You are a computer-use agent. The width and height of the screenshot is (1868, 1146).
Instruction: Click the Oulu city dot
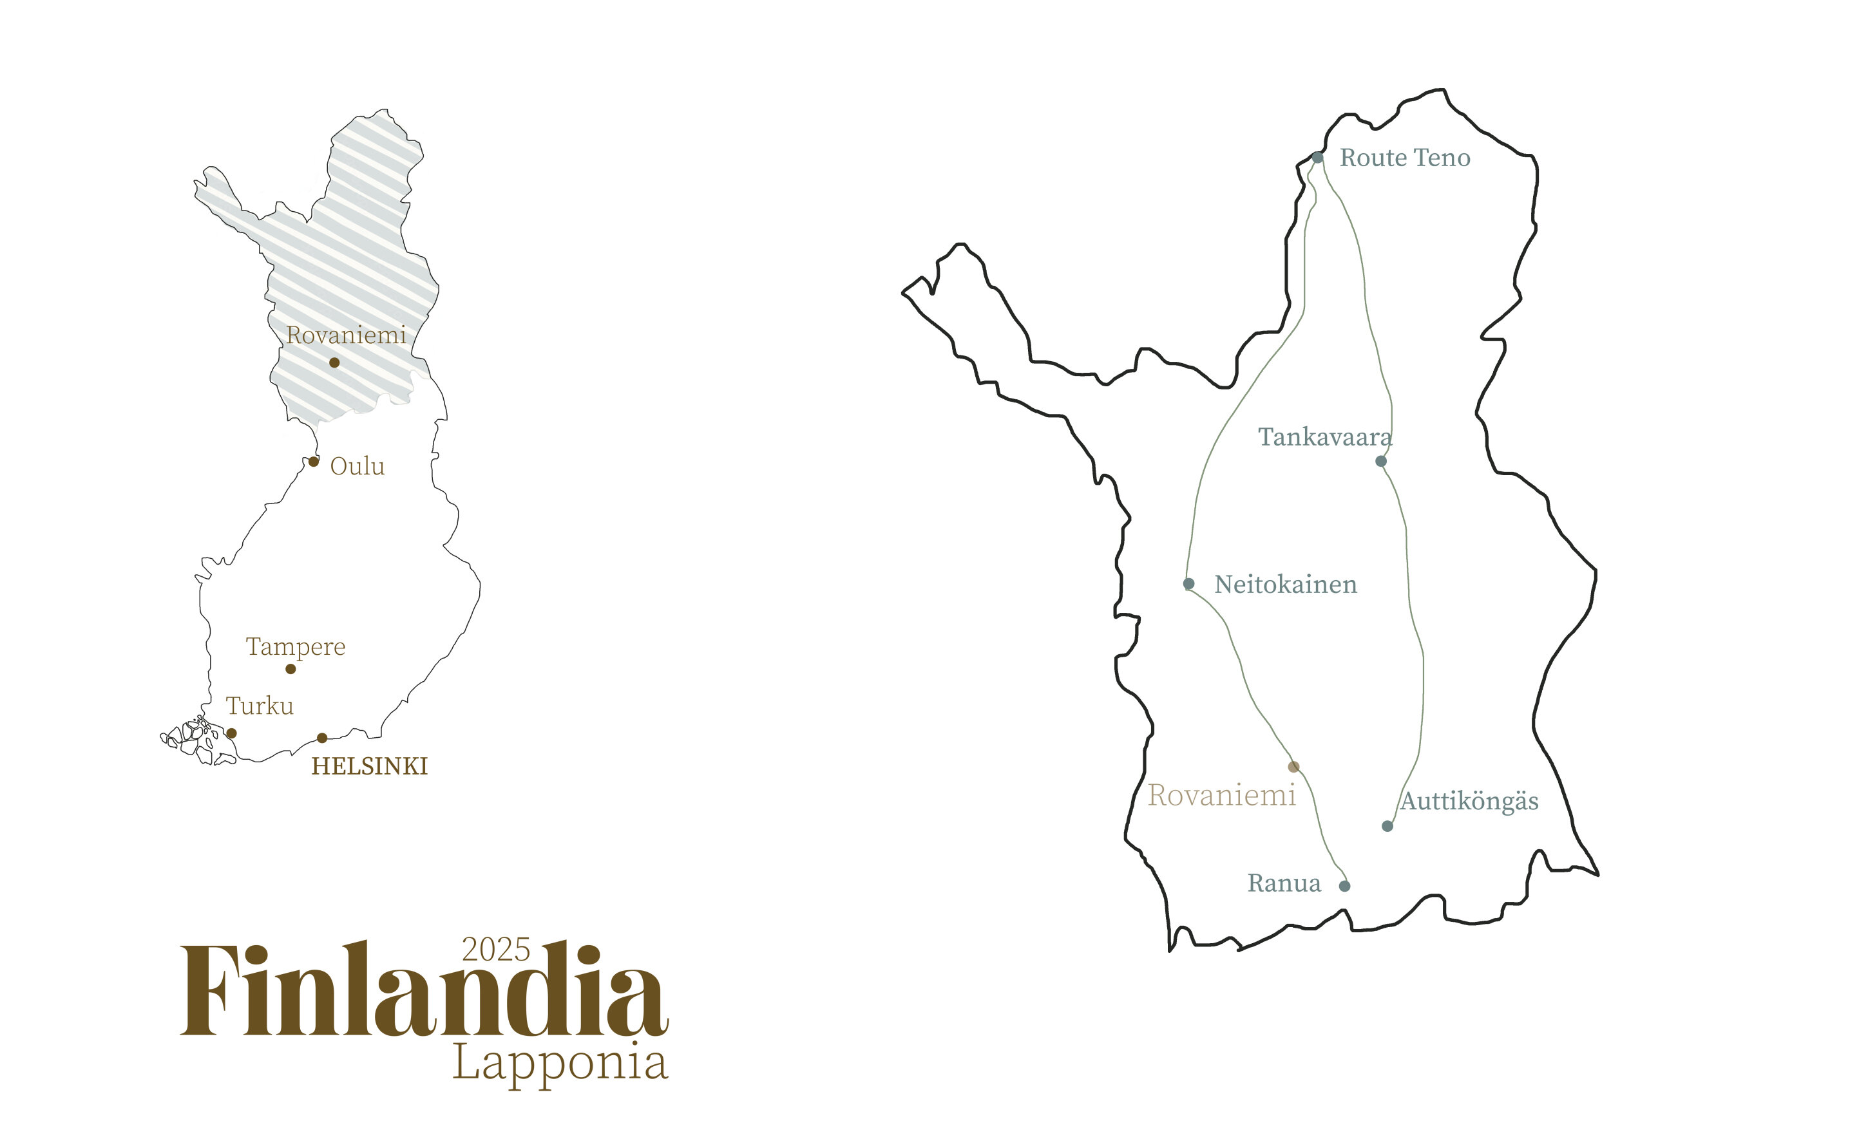point(314,462)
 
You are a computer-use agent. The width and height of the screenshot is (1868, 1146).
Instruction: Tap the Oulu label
point(357,467)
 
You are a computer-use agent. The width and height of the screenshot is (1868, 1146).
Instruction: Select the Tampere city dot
point(291,668)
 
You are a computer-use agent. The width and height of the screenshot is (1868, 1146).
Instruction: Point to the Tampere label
point(295,647)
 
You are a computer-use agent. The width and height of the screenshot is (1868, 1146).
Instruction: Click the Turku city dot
point(231,733)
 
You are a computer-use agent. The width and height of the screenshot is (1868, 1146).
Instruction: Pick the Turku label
point(260,706)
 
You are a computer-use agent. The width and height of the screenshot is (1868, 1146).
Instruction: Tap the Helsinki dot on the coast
point(322,737)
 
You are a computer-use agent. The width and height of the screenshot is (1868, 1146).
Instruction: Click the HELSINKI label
point(370,766)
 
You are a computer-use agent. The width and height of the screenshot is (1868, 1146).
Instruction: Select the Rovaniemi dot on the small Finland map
point(334,362)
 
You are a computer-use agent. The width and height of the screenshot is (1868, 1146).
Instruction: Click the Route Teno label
point(1404,158)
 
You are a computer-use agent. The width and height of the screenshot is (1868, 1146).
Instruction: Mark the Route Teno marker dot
point(1318,158)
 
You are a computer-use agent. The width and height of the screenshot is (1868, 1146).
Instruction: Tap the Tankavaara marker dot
point(1380,461)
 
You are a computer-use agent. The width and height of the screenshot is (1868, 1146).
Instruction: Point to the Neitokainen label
point(1285,585)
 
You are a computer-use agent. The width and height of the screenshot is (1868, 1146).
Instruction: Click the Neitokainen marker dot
point(1188,583)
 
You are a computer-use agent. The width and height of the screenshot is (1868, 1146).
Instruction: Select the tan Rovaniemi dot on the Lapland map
point(1293,767)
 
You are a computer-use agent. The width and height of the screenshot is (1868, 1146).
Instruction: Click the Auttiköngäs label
point(1469,801)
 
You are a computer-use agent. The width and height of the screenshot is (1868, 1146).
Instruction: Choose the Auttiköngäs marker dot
point(1387,826)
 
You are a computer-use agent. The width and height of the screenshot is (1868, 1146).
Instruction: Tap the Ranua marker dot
point(1344,886)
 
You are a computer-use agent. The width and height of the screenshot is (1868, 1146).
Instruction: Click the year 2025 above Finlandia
point(496,950)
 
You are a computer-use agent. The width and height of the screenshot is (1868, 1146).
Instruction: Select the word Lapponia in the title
point(560,1063)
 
